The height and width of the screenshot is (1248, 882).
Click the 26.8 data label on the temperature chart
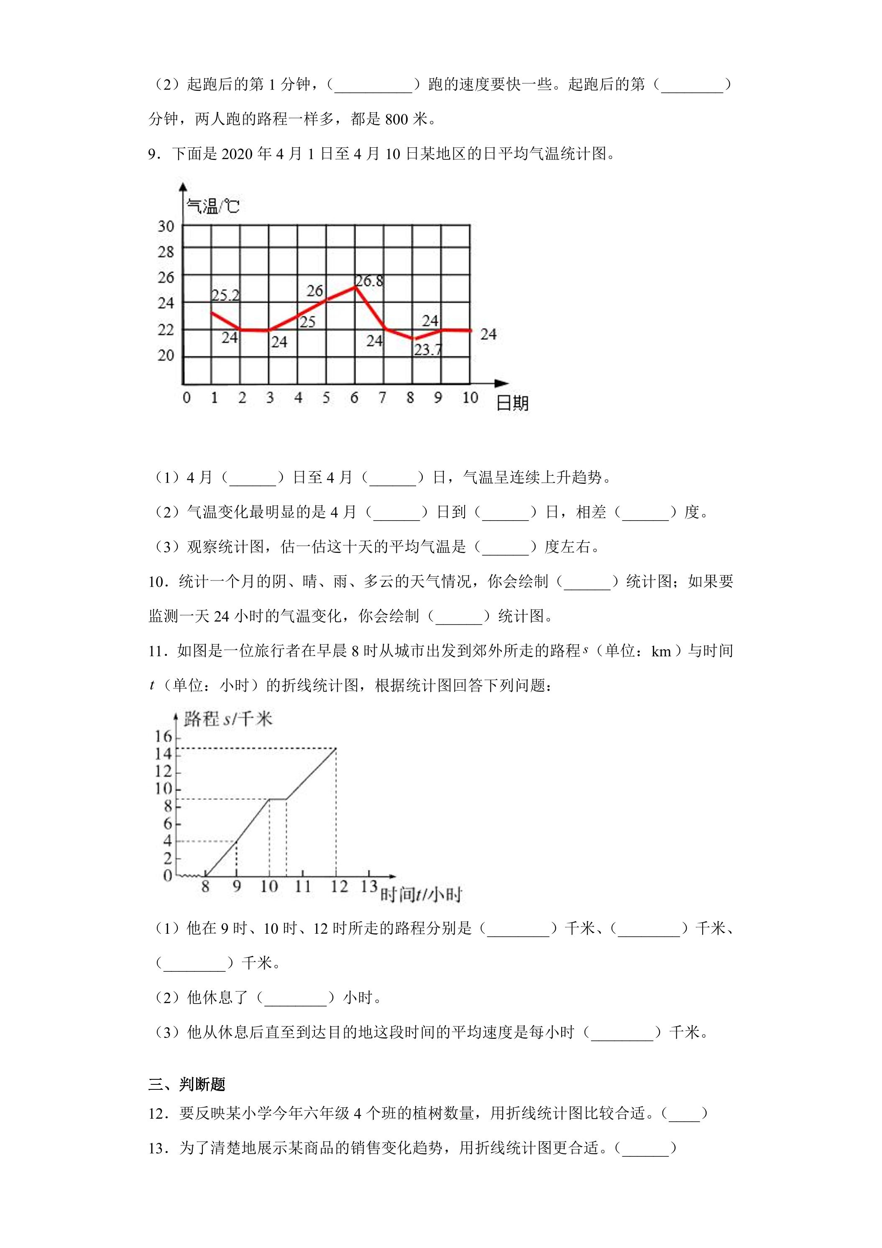369,281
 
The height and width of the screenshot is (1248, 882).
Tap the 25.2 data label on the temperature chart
225,295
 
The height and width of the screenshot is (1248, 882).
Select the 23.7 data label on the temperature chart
428,350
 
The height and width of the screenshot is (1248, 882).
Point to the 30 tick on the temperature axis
166,226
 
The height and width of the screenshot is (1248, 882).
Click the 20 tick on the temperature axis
166,355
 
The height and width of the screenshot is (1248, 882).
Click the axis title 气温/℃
212,207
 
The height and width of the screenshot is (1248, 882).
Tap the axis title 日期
512,403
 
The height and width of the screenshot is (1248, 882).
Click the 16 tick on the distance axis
164,737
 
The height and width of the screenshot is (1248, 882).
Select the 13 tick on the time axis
369,886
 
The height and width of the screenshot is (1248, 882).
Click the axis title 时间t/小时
421,894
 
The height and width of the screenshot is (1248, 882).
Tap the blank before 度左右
506,547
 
